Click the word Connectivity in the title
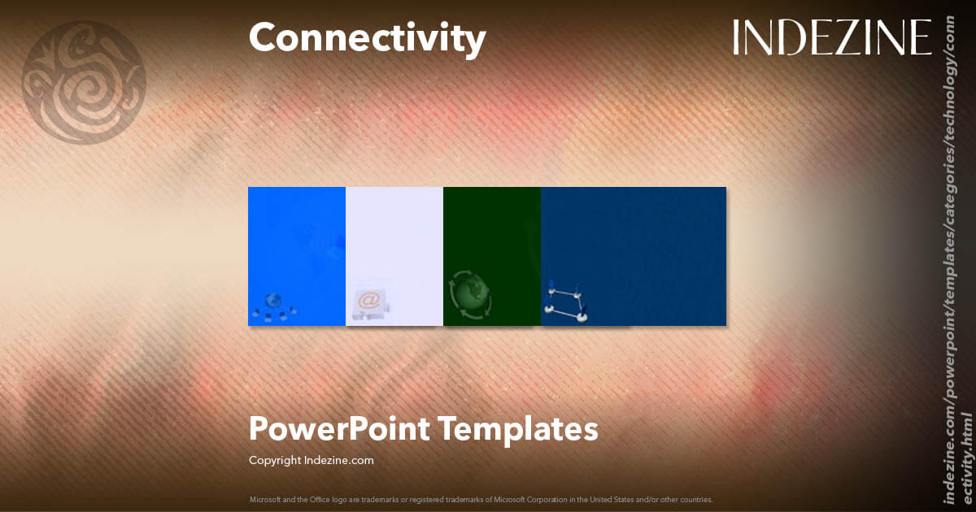coord(367,38)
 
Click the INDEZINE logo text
coord(831,38)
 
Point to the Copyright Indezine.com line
coord(311,460)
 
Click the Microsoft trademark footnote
coord(481,499)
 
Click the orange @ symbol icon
coord(368,301)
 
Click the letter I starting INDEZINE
coord(737,38)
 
